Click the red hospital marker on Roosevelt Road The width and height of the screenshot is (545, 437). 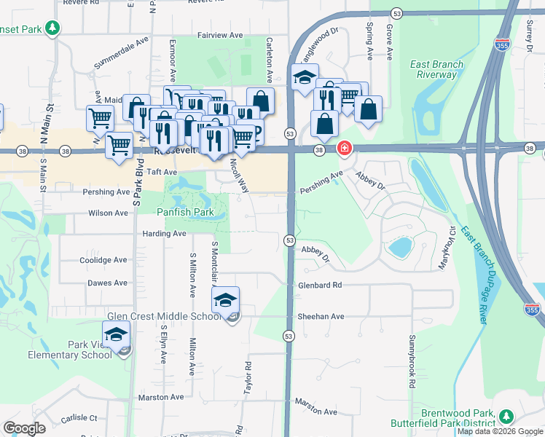(344, 149)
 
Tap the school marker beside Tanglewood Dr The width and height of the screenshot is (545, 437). (304, 78)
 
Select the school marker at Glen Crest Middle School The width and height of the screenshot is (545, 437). (226, 299)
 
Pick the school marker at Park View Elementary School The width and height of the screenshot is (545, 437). (115, 334)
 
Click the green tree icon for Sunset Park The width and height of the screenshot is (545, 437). (52, 28)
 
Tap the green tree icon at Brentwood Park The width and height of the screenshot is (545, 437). (506, 416)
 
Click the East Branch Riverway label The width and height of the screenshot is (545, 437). (436, 69)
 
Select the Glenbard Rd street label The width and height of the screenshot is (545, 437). (320, 286)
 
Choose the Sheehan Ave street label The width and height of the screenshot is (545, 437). (321, 317)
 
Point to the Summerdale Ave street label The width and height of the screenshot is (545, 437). (122, 60)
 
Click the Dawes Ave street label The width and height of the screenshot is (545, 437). (107, 283)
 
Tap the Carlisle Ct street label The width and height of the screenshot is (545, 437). (79, 418)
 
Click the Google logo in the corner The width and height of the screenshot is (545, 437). (24, 428)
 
